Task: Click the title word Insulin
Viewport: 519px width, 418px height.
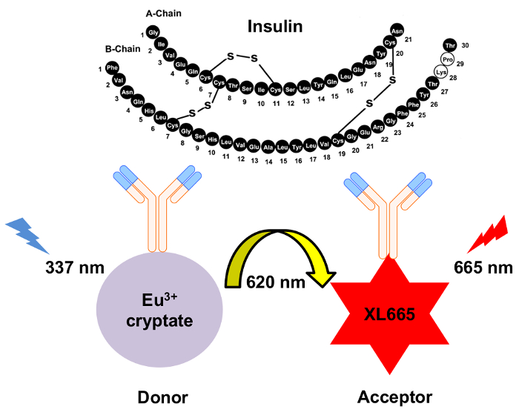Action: coord(275,28)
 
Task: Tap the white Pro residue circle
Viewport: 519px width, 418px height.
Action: coord(447,59)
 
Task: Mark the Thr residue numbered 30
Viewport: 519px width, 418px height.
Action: coord(450,45)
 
